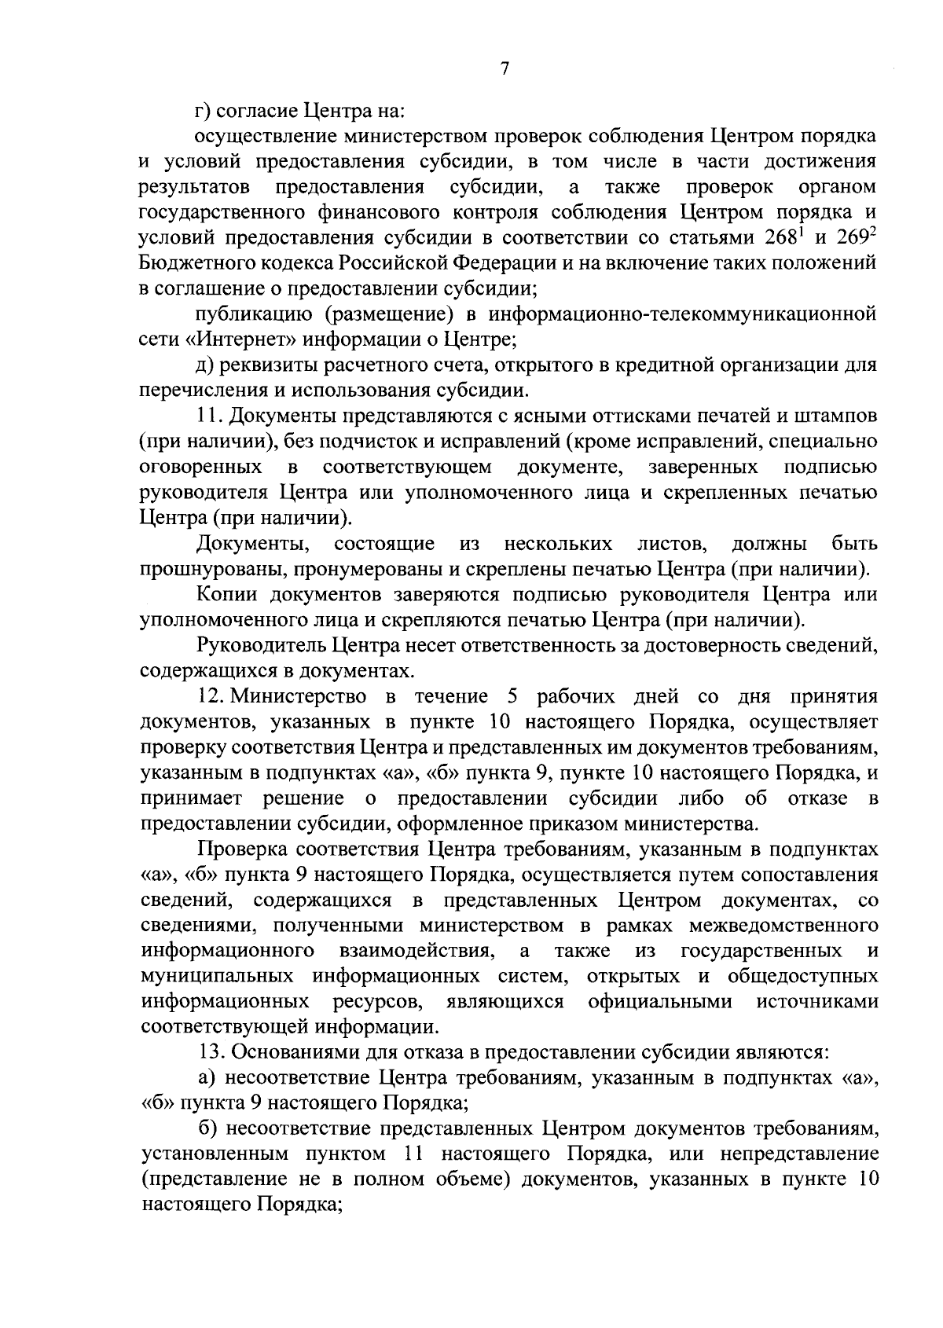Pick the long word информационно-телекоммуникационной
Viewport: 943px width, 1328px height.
(x=682, y=314)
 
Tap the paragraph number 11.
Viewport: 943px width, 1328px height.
(x=210, y=416)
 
